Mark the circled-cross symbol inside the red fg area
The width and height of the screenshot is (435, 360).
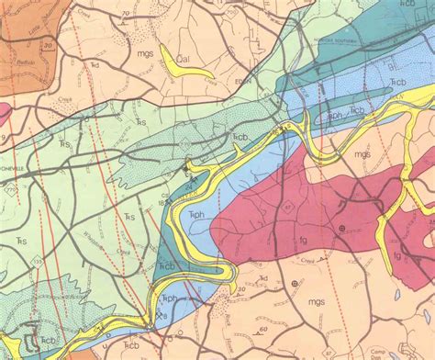(x=341, y=227)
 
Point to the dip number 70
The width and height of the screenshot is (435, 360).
(x=123, y=16)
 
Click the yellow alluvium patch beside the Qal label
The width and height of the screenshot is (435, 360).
(x=200, y=65)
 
